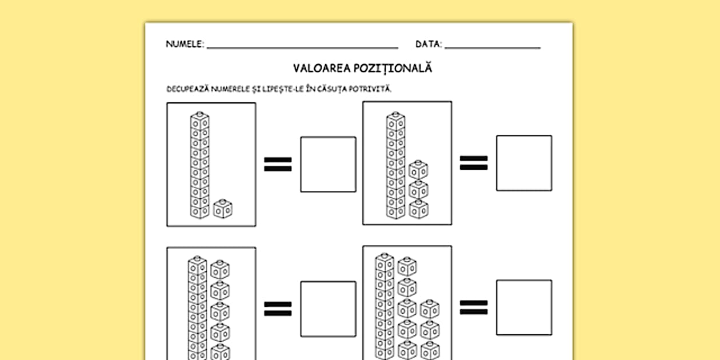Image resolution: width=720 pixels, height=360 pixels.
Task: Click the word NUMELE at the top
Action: click(184, 44)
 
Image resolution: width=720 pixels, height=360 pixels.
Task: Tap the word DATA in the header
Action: click(428, 44)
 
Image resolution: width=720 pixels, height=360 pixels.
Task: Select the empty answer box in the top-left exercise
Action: click(328, 164)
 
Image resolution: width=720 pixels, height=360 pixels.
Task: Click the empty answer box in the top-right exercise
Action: click(524, 163)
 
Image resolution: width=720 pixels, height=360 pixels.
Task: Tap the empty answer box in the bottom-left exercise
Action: click(328, 309)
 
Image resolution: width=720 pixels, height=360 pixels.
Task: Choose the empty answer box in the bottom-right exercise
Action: click(524, 307)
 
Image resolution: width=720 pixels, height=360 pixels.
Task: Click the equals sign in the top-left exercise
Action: click(278, 164)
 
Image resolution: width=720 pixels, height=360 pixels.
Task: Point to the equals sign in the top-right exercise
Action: click(474, 163)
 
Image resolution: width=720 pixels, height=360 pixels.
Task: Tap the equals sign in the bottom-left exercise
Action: click(278, 309)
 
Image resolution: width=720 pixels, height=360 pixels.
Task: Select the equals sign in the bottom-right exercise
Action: click(474, 307)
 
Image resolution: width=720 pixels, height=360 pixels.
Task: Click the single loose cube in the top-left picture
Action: click(222, 209)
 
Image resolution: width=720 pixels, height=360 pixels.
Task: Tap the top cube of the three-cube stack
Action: click(418, 170)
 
